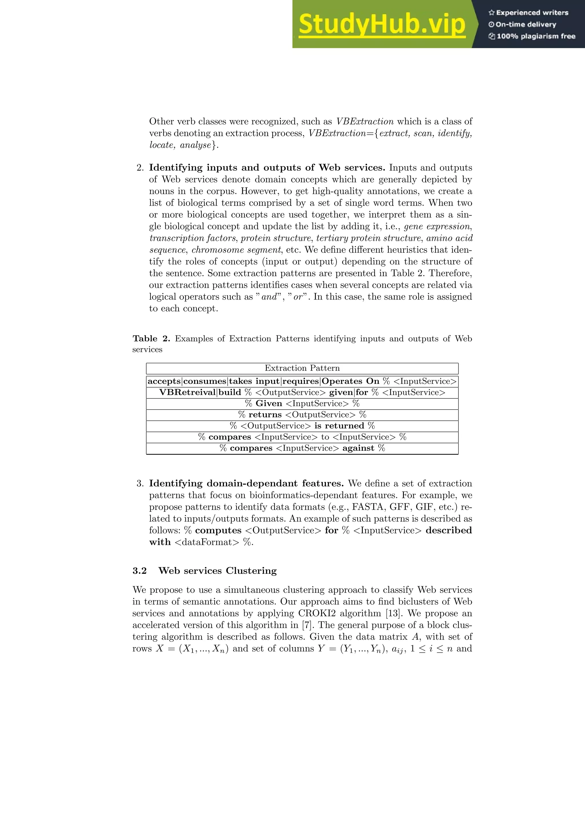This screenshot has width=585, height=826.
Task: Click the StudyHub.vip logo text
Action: pyautogui.click(x=382, y=25)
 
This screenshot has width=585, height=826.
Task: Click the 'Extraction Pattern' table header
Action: pyautogui.click(x=302, y=368)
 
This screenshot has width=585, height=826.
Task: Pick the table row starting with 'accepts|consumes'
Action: pyautogui.click(x=302, y=381)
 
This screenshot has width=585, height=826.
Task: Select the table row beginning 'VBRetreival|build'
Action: pyautogui.click(x=302, y=392)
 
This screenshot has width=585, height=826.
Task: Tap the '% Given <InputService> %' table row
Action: pyautogui.click(x=302, y=404)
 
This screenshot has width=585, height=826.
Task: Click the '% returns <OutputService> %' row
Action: pyautogui.click(x=302, y=415)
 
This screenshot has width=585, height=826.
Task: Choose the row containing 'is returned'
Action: pyautogui.click(x=302, y=426)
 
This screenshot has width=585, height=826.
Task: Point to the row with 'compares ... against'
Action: pyautogui.click(x=302, y=448)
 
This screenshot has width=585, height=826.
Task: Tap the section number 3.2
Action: pyautogui.click(x=139, y=571)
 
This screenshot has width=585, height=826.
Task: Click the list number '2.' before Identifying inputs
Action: pyautogui.click(x=140, y=168)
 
